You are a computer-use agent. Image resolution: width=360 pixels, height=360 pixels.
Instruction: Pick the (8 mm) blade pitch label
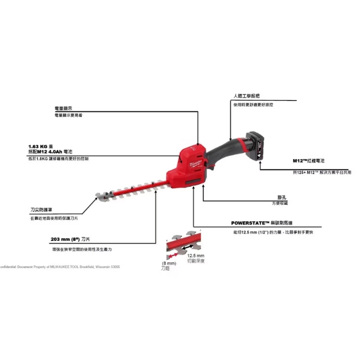pyautogui.click(x=168, y=264)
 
